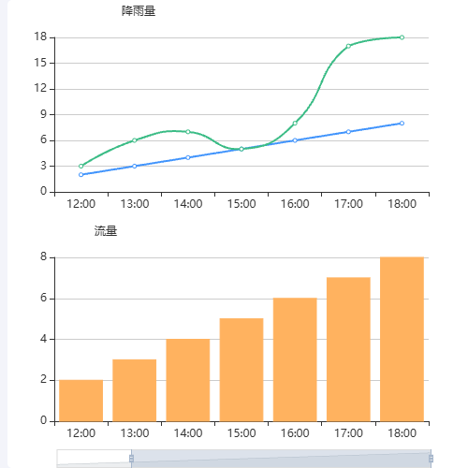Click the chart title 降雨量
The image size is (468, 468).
pyautogui.click(x=139, y=11)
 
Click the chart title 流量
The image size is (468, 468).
pyautogui.click(x=106, y=231)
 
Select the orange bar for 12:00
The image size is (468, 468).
pyautogui.click(x=80, y=401)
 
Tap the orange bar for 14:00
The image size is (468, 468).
pyautogui.click(x=188, y=380)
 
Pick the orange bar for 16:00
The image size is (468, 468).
pyautogui.click(x=295, y=359)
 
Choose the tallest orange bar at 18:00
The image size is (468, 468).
pyautogui.click(x=402, y=339)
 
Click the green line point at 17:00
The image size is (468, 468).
pyautogui.click(x=348, y=46)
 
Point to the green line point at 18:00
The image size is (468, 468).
pyautogui.click(x=402, y=37)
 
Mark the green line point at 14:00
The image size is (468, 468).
pyautogui.click(x=188, y=132)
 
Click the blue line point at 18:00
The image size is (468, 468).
pyautogui.click(x=402, y=124)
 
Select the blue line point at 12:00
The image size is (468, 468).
pyautogui.click(x=81, y=175)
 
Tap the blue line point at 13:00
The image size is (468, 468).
pyautogui.click(x=135, y=167)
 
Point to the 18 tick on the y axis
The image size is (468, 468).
pyautogui.click(x=41, y=37)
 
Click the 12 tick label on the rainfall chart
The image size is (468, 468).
pyautogui.click(x=41, y=89)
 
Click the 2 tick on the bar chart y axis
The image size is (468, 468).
pyautogui.click(x=44, y=380)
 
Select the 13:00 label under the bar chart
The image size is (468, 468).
pyautogui.click(x=135, y=433)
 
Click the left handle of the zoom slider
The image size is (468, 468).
pyautogui.click(x=131, y=458)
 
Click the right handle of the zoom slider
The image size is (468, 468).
pyautogui.click(x=431, y=458)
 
